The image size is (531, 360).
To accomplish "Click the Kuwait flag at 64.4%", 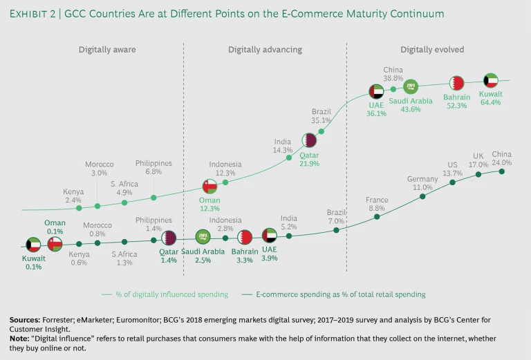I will click(x=491, y=80).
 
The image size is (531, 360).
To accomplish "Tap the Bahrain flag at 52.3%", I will click(x=456, y=83).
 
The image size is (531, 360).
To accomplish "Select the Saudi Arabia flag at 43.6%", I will click(x=411, y=86).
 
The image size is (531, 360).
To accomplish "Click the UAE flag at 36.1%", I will click(x=377, y=93).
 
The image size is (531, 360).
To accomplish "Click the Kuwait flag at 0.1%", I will click(x=34, y=245).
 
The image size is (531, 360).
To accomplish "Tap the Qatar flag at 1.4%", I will click(x=169, y=238).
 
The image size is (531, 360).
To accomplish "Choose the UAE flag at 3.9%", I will click(x=270, y=236).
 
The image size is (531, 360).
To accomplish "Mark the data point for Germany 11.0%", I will click(x=422, y=196).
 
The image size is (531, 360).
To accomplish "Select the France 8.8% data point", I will click(x=377, y=216).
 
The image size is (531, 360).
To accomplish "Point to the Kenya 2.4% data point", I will click(x=79, y=207).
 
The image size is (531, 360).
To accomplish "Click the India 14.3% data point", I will click(x=289, y=158).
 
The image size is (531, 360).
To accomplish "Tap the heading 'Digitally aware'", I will click(x=107, y=50).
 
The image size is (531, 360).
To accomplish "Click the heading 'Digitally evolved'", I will click(x=432, y=50).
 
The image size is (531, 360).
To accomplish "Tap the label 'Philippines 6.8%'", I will click(x=153, y=167).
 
